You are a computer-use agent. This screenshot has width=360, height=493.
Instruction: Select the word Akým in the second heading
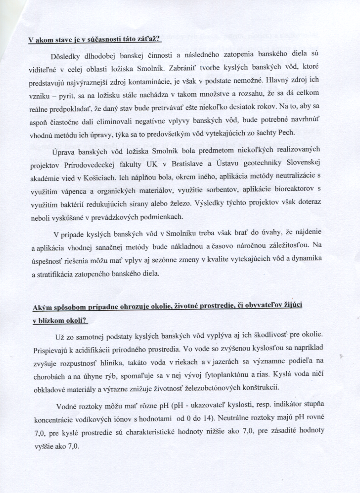pos(43,306)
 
